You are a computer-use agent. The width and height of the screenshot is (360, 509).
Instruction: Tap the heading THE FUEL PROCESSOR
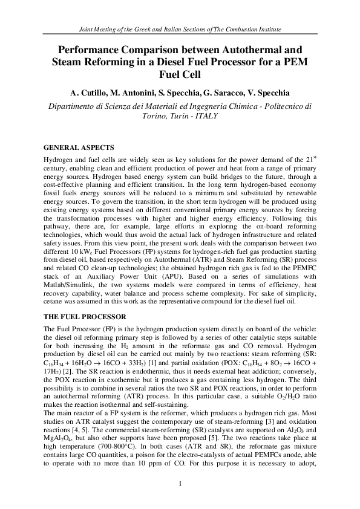point(85,317)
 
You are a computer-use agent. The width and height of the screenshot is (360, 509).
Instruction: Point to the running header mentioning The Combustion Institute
point(180,30)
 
